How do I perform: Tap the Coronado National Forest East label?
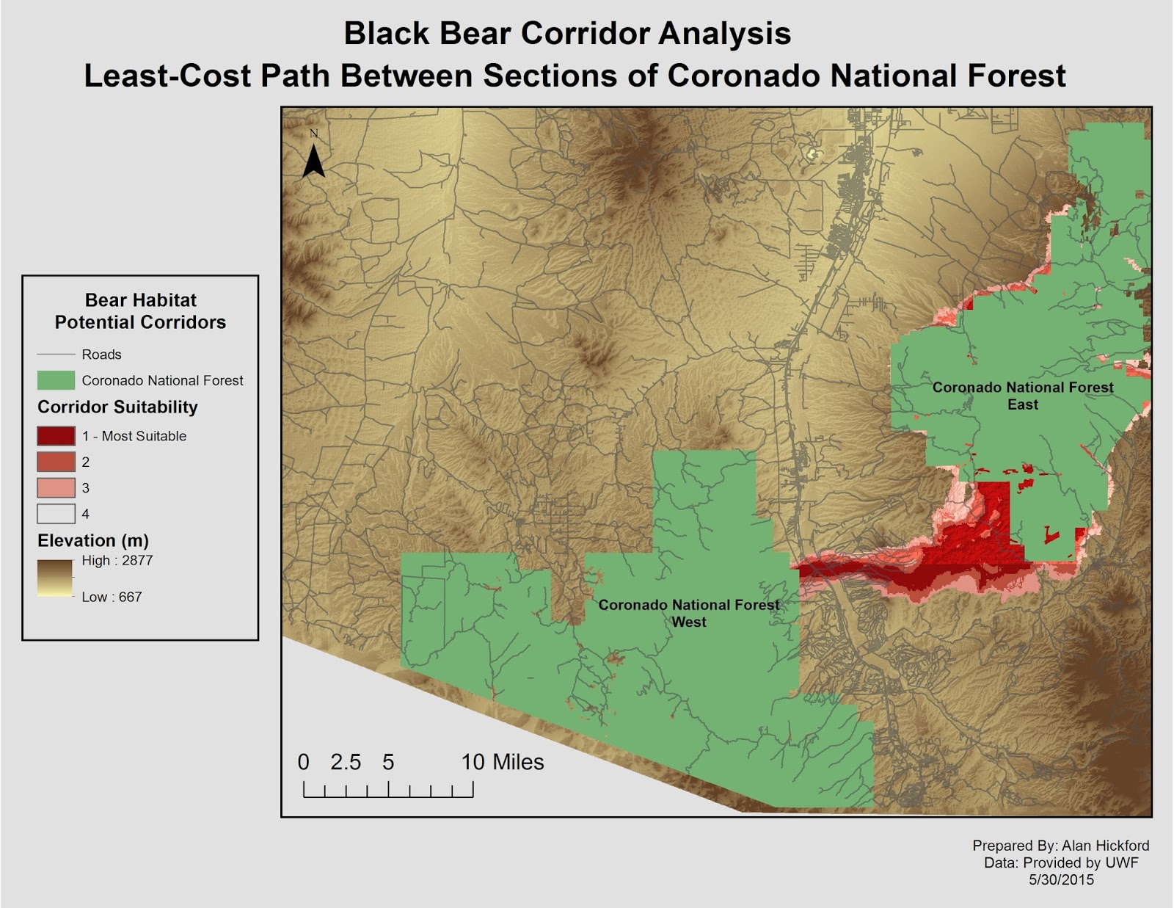point(1022,396)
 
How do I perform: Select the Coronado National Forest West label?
point(688,613)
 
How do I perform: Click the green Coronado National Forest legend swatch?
point(56,380)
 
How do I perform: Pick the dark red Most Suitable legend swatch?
point(56,436)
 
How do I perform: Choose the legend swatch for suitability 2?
point(56,462)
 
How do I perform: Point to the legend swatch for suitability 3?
point(56,487)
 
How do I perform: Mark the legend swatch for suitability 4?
point(56,514)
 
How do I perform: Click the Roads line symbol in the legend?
point(56,355)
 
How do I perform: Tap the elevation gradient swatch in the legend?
point(56,578)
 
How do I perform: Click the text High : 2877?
point(117,561)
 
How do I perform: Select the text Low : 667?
point(112,597)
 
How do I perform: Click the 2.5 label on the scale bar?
point(346,763)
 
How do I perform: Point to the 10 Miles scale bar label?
point(503,763)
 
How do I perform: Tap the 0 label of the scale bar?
point(304,763)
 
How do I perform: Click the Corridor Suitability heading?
point(117,407)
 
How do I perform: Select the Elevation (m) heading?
point(93,541)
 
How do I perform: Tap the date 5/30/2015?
point(1061,880)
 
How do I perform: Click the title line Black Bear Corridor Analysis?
point(567,34)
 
